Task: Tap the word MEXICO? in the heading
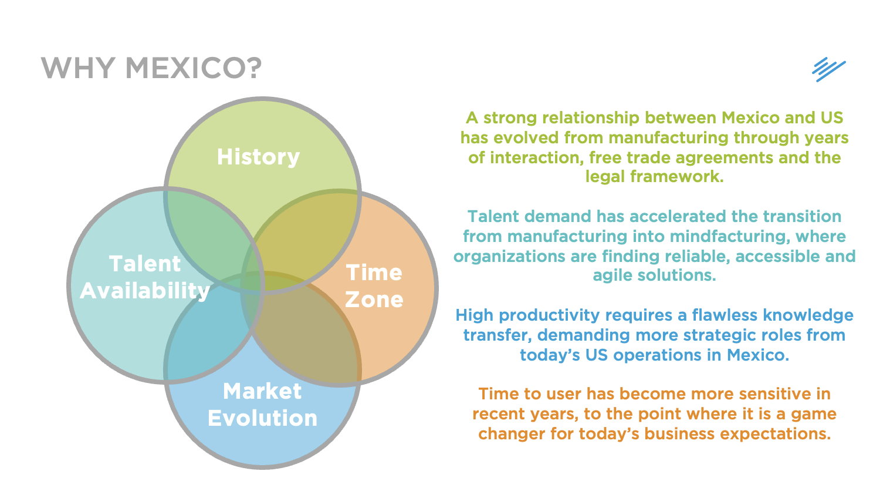click(193, 68)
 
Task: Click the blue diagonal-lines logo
click(828, 69)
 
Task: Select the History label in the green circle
click(258, 157)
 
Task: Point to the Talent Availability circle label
click(145, 277)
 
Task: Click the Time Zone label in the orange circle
click(374, 285)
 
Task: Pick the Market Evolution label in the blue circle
click(263, 404)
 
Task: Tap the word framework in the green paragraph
click(677, 176)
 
